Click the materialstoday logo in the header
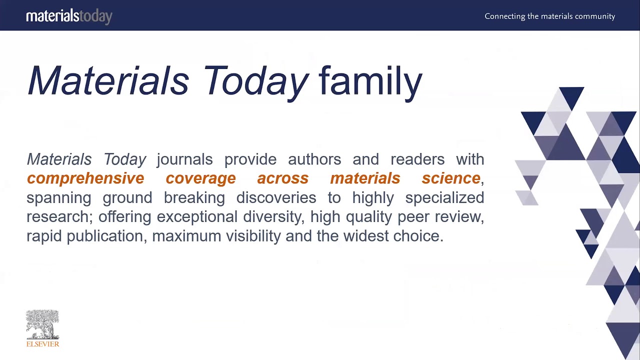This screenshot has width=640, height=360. point(69,16)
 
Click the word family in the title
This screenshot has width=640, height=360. point(370,81)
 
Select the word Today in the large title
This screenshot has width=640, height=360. point(255,81)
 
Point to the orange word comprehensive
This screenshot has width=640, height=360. point(85,178)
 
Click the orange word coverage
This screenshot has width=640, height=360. point(200,178)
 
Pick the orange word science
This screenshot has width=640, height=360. point(451,178)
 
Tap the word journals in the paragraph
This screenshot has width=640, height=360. point(184,159)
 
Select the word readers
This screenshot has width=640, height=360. point(417,159)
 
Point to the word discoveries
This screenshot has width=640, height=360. point(276,198)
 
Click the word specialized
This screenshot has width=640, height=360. point(444,198)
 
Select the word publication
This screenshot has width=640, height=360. point(105,236)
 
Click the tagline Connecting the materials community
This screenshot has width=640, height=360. point(549,16)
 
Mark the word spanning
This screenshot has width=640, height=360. point(58,198)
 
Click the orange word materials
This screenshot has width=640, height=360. point(365,178)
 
